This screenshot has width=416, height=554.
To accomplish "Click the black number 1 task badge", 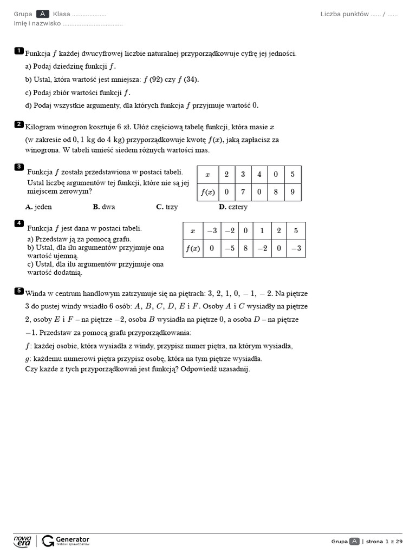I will pyautogui.click(x=19, y=51).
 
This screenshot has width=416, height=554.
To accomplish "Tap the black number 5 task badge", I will pyautogui.click(x=19, y=291).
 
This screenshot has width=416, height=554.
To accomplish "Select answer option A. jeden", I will pyautogui.click(x=39, y=207).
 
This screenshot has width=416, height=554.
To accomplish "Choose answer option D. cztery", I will pyautogui.click(x=233, y=207).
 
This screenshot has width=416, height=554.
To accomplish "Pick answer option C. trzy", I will pyautogui.click(x=167, y=207).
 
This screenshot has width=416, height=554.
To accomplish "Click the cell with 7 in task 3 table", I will pyautogui.click(x=243, y=192).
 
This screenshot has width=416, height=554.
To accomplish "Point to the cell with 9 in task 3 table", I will pyautogui.click(x=292, y=192).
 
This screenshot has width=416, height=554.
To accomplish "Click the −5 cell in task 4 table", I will pyautogui.click(x=229, y=248).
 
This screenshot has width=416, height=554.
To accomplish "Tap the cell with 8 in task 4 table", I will pyautogui.click(x=245, y=248).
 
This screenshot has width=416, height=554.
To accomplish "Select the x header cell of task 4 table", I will pyautogui.click(x=193, y=231).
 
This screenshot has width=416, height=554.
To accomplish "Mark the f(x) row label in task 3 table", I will pyautogui.click(x=207, y=192).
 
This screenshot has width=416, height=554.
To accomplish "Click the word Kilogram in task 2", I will pyautogui.click(x=41, y=127).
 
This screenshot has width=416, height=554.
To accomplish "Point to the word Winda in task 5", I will pyautogui.click(x=35, y=293).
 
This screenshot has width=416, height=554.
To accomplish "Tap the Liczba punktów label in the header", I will pyautogui.click(x=344, y=14).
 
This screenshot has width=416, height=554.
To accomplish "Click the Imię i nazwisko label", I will pyautogui.click(x=37, y=23).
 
